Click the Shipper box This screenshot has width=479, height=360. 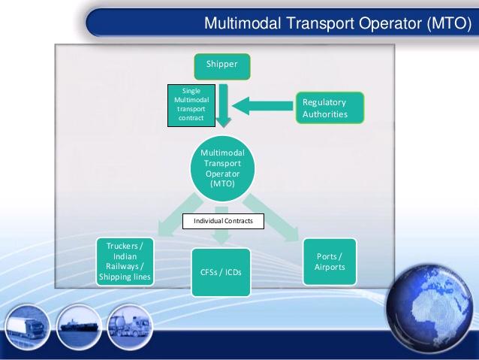pyautogui.click(x=222, y=67)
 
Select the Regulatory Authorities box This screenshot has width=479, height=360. pyautogui.click(x=330, y=107)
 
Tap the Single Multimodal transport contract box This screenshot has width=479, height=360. pyautogui.click(x=191, y=105)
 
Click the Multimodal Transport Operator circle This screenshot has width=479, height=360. pyautogui.click(x=222, y=168)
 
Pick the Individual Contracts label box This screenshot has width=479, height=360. pyautogui.click(x=223, y=221)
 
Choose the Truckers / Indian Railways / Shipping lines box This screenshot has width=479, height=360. pyautogui.click(x=125, y=262)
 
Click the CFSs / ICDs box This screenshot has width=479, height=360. pyautogui.click(x=221, y=272)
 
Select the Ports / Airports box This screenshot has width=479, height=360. pyautogui.click(x=330, y=262)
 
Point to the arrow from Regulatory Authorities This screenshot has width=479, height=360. pyautogui.click(x=263, y=106)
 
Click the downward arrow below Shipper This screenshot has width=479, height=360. pyautogui.click(x=224, y=105)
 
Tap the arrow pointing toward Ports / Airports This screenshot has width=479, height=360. pyautogui.click(x=271, y=217)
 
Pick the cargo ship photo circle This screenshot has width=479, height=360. pyautogui.click(x=78, y=327)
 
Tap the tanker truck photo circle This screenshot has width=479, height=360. pyautogui.click(x=130, y=327)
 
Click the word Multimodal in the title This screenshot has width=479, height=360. pyautogui.click(x=243, y=23)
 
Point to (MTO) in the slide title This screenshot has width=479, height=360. pyautogui.click(x=450, y=23)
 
